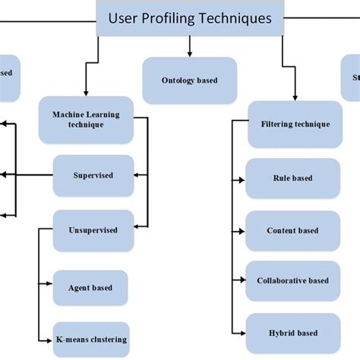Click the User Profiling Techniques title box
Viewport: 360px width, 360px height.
pyautogui.click(x=189, y=18)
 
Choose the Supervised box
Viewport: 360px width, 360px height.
pyautogui.click(x=93, y=175)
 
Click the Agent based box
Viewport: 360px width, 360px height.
pyautogui.click(x=91, y=288)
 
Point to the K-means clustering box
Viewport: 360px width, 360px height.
pyautogui.click(x=91, y=338)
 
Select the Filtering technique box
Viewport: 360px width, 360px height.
pyautogui.click(x=295, y=125)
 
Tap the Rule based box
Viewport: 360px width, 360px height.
pyautogui.click(x=292, y=178)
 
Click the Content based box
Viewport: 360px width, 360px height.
pyautogui.click(x=292, y=230)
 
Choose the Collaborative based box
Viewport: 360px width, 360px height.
pyautogui.click(x=292, y=280)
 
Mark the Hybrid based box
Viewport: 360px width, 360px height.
pyautogui.click(x=292, y=333)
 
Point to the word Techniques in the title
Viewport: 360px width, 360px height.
pyautogui.click(x=236, y=18)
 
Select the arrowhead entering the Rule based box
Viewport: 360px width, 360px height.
pyautogui.click(x=242, y=179)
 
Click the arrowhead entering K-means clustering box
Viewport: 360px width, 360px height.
pyautogui.click(x=51, y=339)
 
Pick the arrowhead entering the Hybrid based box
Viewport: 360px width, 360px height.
pyautogui.click(x=242, y=333)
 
